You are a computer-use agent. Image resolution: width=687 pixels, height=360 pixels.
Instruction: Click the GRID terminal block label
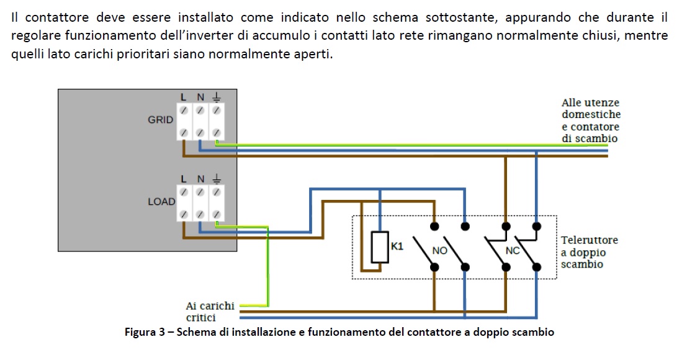point(160,120)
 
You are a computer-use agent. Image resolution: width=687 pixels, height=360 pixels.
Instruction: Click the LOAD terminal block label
point(161,202)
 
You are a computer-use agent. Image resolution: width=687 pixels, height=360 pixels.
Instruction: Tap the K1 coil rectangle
point(380,247)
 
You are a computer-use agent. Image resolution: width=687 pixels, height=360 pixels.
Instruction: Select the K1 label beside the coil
point(397,246)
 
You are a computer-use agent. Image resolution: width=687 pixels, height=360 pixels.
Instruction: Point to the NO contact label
point(439,251)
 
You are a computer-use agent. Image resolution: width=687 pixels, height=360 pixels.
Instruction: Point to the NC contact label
point(512,251)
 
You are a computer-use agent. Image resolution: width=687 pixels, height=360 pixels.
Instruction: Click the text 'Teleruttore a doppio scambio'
point(590,252)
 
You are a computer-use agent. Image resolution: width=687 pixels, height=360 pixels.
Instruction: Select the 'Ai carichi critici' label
point(210,312)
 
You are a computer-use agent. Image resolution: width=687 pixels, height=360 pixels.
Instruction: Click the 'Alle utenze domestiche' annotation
point(591,108)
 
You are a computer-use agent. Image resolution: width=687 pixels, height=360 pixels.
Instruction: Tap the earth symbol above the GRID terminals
point(217,97)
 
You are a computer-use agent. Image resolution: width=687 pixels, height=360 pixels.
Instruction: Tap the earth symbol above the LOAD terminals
point(217,179)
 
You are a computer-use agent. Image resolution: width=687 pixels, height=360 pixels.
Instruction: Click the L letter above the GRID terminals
point(184,97)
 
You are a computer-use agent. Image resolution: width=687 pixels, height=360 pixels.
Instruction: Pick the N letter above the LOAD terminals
point(200,179)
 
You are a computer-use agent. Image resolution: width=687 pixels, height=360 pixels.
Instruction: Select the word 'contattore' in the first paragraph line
point(57,17)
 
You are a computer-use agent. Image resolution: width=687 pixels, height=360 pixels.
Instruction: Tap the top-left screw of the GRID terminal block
point(184,110)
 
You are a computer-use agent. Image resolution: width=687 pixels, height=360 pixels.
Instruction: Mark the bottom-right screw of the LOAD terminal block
point(217,214)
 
